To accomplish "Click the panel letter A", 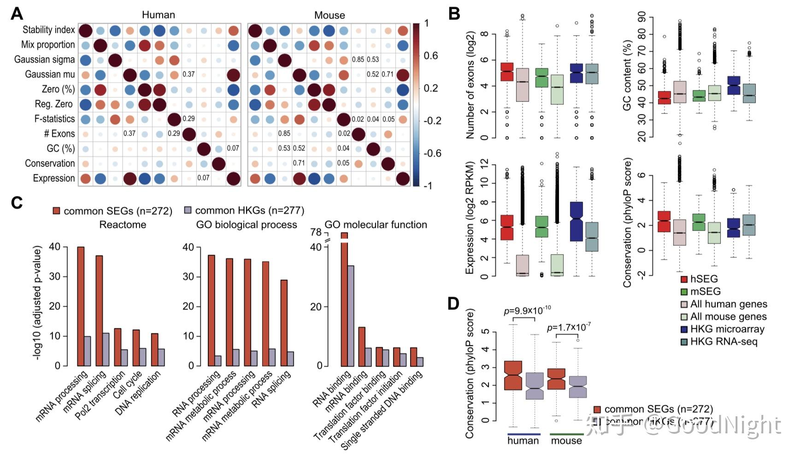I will coord(17,14).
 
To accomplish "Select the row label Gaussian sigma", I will coord(44,59).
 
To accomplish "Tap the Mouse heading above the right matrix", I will coord(329,15).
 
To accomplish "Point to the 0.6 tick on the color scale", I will coord(430,56).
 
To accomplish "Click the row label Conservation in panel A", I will coord(50,163).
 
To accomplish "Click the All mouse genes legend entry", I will coord(723,317).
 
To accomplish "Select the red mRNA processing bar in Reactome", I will coord(81,306).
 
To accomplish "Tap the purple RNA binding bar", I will coord(351,315).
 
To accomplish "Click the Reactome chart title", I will coord(123,225).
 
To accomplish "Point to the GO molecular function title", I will coord(376,225).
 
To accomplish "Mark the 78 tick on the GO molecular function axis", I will coord(316,232).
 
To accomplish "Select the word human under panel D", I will coord(523,441).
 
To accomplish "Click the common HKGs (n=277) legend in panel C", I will coord(244,211).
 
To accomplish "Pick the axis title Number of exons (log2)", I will coord(470,85).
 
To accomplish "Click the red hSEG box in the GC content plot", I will coord(665,98).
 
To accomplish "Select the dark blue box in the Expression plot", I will coord(576,221).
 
